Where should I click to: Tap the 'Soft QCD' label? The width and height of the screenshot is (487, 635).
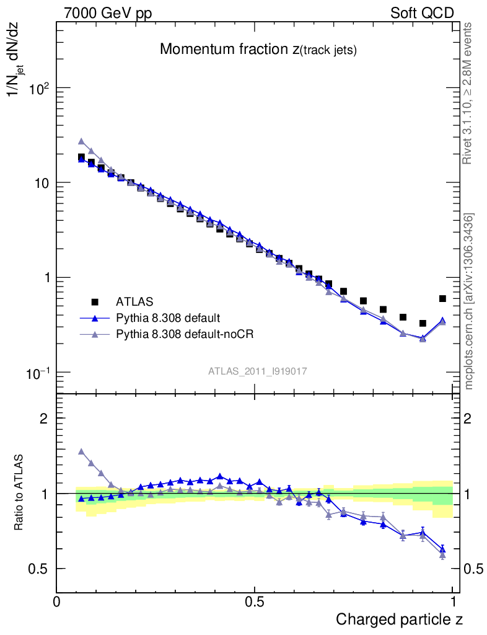[422, 13]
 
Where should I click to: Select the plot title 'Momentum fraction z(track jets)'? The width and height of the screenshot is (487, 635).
[258, 50]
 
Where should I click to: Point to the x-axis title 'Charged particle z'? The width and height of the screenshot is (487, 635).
[399, 619]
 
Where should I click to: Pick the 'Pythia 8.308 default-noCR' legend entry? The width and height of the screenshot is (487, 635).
[185, 334]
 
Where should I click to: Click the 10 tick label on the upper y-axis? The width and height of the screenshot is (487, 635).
[42, 184]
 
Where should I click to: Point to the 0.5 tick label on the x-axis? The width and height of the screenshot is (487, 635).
[254, 601]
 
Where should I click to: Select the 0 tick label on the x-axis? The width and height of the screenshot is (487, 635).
[57, 601]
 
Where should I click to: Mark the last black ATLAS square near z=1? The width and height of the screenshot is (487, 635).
[442, 299]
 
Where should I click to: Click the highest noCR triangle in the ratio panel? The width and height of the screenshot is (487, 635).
[81, 451]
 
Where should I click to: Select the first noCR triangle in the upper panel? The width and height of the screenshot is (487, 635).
[81, 141]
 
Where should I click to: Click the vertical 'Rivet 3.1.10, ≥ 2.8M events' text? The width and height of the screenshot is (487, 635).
[468, 93]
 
